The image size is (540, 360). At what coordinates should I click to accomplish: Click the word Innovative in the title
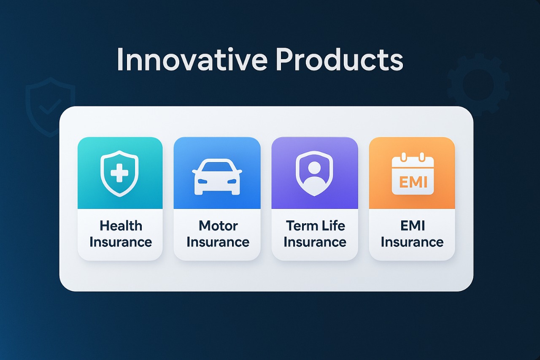point(192,60)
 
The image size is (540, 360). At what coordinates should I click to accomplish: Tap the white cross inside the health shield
point(119,173)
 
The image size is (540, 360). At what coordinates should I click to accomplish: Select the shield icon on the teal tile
point(119,173)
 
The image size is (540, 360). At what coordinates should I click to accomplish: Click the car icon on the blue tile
point(217,177)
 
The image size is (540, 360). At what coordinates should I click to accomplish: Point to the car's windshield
point(217,167)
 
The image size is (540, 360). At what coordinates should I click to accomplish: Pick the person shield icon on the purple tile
point(314,173)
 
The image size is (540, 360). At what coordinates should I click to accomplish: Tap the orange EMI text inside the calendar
point(413,182)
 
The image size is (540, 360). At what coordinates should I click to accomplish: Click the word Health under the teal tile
point(121,226)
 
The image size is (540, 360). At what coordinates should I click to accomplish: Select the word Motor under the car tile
point(218,226)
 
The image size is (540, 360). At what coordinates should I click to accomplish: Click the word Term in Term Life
point(298,226)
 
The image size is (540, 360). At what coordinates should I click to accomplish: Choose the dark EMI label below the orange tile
point(413,226)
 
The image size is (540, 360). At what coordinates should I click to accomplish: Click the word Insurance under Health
point(121,242)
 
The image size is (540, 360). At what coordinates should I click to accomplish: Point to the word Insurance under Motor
point(218,242)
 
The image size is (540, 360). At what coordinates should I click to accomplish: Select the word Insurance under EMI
point(412,242)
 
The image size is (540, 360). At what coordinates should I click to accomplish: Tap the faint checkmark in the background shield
point(50,107)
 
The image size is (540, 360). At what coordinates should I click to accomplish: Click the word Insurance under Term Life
point(315,242)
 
